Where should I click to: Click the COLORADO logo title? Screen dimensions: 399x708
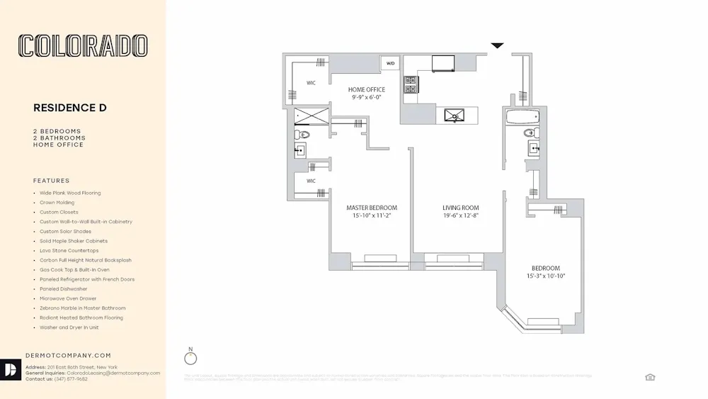(83, 46)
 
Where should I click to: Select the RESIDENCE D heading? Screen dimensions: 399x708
(69, 108)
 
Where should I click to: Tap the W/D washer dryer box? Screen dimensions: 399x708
(390, 64)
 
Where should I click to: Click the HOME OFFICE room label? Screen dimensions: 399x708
(367, 90)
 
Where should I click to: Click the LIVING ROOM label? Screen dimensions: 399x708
(461, 208)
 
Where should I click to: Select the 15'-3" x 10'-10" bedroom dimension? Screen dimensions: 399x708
(545, 276)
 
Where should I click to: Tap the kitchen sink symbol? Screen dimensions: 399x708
(452, 115)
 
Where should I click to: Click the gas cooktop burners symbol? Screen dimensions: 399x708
(411, 85)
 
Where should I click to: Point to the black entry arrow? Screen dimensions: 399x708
(498, 46)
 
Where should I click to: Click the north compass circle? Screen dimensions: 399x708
(190, 358)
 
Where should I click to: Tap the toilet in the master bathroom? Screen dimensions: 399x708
(303, 134)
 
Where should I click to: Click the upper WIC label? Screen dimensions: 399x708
(311, 83)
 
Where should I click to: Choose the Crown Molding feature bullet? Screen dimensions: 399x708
(57, 203)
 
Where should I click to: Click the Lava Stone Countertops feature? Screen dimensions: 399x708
(69, 251)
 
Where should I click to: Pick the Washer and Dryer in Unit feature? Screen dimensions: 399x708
(69, 327)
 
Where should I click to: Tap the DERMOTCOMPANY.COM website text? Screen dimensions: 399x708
(68, 355)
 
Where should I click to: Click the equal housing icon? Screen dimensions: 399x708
(650, 377)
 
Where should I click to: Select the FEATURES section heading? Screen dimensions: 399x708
(52, 181)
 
